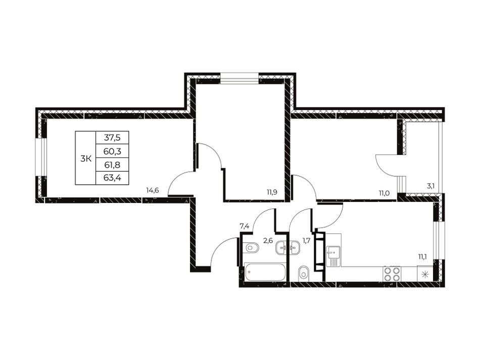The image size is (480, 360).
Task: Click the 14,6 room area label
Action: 152,190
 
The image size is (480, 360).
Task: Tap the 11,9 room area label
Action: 272,192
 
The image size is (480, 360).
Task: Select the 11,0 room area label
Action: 384,192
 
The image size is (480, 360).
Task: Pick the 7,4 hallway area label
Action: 244,226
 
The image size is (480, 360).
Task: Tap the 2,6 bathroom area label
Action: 268,240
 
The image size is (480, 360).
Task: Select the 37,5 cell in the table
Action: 112,138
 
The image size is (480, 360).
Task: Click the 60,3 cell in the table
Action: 112,151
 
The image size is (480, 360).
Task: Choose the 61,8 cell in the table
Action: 112,165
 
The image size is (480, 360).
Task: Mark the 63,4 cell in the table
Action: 112,178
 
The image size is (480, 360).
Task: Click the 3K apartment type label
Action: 86,159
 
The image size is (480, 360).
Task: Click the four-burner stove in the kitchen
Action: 392,274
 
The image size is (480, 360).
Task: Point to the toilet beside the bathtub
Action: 252,247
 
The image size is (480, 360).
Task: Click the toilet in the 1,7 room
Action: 303,272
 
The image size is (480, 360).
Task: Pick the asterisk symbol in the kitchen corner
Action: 425,274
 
